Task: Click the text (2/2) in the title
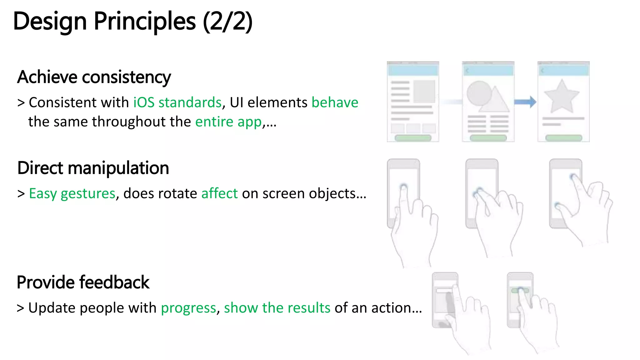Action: [x=227, y=21]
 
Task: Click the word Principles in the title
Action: [x=144, y=21]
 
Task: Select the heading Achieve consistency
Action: [x=94, y=77]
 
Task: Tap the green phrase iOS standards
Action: [x=177, y=102]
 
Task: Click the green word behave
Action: [x=335, y=102]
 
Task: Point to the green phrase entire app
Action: [x=228, y=122]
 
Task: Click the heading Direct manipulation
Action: [x=93, y=168]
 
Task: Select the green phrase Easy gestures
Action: [x=72, y=193]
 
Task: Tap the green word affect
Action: [x=219, y=193]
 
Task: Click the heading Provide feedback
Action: [x=83, y=282]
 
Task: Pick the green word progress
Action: [x=188, y=308]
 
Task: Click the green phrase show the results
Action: [x=277, y=308]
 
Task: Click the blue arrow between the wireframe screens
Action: [x=525, y=102]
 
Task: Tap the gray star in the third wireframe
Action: [x=562, y=97]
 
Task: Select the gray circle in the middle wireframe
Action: [x=479, y=93]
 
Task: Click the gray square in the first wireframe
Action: [x=424, y=91]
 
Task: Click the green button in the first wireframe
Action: [x=413, y=138]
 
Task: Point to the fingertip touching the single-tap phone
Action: [x=403, y=187]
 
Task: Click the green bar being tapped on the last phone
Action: [x=520, y=291]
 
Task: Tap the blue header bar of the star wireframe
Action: [x=563, y=71]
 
